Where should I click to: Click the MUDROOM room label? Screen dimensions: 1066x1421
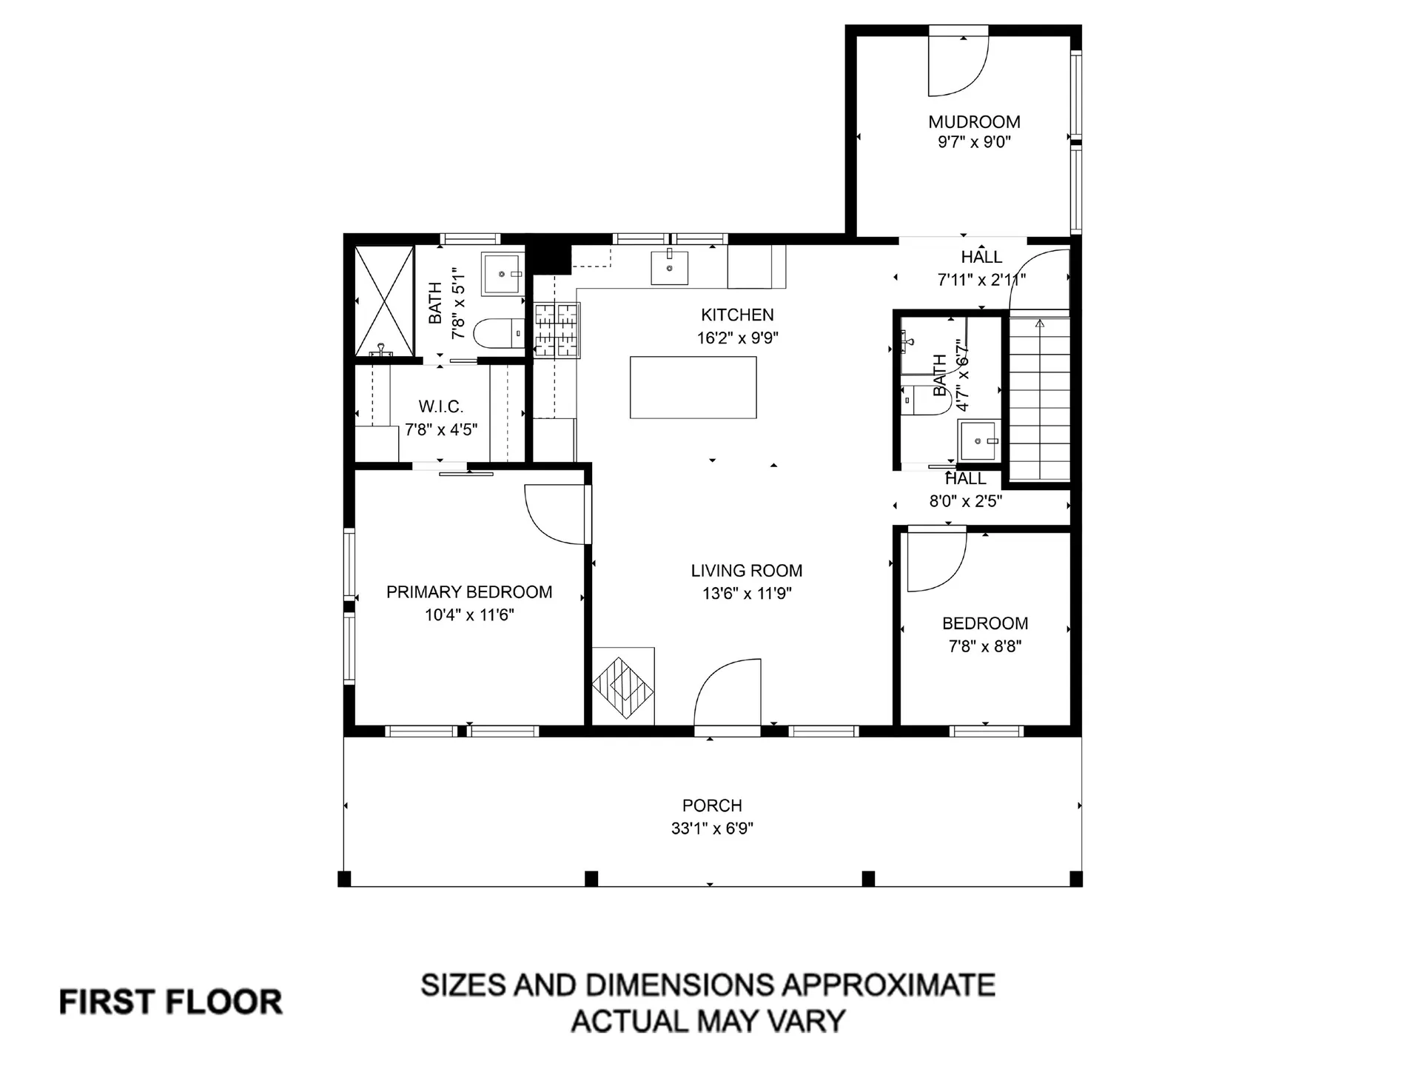pyautogui.click(x=974, y=121)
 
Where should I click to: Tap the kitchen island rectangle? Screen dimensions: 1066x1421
pyautogui.click(x=693, y=387)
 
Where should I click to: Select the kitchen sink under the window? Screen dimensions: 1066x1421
pyautogui.click(x=669, y=268)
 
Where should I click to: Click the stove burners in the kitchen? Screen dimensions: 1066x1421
pyautogui.click(x=557, y=329)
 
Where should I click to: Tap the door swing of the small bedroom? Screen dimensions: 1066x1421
pyautogui.click(x=935, y=561)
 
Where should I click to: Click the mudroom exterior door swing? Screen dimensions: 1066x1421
pyautogui.click(x=958, y=65)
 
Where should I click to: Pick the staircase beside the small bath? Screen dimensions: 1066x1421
pyautogui.click(x=1040, y=400)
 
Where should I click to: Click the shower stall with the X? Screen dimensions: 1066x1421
pyautogui.click(x=384, y=300)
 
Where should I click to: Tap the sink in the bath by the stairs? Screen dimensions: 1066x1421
pyautogui.click(x=978, y=440)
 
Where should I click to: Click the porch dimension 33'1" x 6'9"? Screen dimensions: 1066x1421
pyautogui.click(x=712, y=828)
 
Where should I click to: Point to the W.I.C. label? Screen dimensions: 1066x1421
pyautogui.click(x=440, y=406)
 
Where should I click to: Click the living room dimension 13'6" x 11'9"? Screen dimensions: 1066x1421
pyautogui.click(x=747, y=594)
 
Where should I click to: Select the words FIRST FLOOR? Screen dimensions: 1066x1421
pyautogui.click(x=170, y=1002)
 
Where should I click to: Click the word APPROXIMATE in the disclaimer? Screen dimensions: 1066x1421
pyautogui.click(x=888, y=986)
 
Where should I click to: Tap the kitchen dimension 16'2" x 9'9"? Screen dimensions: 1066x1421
pyautogui.click(x=737, y=338)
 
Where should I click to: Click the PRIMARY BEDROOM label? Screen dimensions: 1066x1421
pyautogui.click(x=469, y=592)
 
